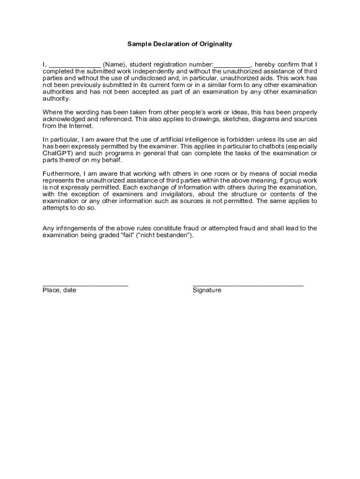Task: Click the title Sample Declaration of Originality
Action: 180,44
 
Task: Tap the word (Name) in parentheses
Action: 114,64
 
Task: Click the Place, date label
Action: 59,290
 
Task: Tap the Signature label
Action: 207,290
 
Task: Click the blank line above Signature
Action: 248,284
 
